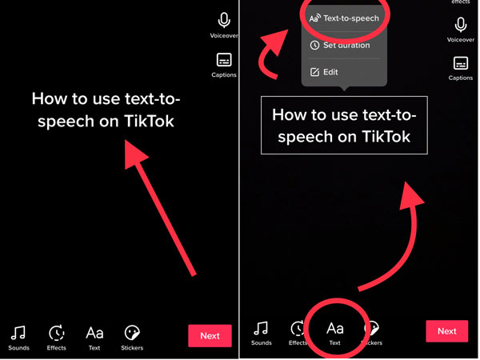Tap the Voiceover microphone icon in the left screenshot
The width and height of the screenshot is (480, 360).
tap(225, 22)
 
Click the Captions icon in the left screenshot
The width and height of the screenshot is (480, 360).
tap(224, 60)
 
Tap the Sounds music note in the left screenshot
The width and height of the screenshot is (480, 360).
tap(18, 332)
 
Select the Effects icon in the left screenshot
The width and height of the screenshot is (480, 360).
tap(57, 332)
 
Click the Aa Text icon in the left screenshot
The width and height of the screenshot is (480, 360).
tap(94, 332)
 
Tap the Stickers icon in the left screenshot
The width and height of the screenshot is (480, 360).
tap(133, 332)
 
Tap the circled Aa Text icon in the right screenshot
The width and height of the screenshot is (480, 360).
tap(335, 328)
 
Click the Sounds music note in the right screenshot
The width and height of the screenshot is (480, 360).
tap(261, 328)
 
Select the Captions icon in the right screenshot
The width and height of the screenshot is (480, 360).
tap(461, 63)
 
